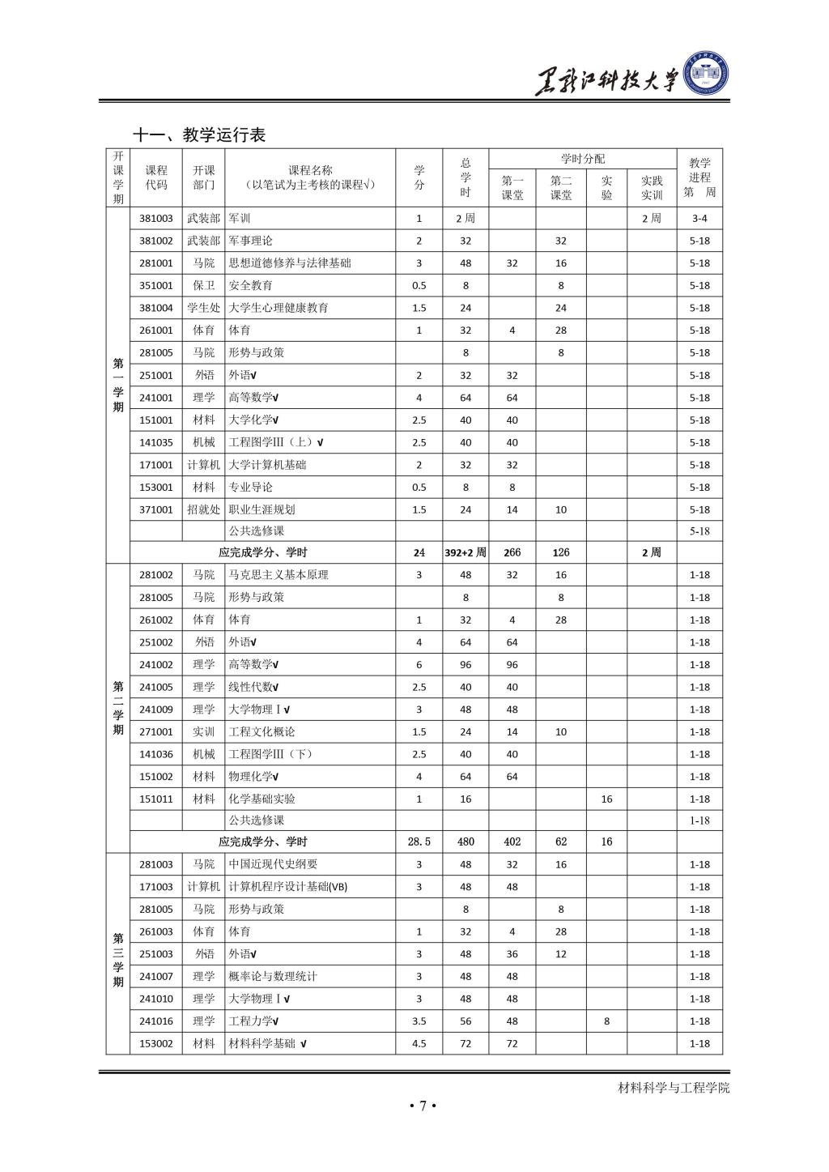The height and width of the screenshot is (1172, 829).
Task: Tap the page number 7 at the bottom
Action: [422, 1105]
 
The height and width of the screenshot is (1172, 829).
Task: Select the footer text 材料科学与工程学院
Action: [674, 1087]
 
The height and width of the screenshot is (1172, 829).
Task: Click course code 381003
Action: [156, 219]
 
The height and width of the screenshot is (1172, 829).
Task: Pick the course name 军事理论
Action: [251, 241]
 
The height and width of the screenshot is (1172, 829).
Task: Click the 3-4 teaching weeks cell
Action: [699, 219]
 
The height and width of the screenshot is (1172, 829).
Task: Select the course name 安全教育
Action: [251, 285]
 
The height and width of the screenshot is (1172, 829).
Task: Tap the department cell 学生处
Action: [203, 308]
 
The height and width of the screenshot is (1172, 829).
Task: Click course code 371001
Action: [156, 509]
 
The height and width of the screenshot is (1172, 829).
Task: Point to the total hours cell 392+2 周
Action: [466, 552]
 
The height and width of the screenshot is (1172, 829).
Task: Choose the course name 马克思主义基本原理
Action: [278, 575]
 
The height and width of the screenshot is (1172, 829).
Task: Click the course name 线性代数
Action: [253, 687]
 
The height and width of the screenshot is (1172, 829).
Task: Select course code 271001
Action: [156, 731]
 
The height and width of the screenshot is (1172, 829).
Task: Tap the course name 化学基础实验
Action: [262, 799]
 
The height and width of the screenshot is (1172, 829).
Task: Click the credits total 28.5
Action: [419, 842]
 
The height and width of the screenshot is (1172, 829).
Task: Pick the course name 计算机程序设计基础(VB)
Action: [288, 886]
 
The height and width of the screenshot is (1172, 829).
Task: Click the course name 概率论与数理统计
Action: [273, 976]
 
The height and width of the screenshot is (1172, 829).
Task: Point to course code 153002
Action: [156, 1043]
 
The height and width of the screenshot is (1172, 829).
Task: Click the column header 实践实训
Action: [652, 188]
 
